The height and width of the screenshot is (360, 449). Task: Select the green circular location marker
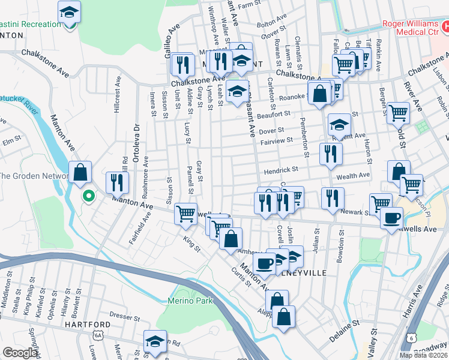coord(88,196)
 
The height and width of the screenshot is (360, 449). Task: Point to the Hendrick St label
coord(280,170)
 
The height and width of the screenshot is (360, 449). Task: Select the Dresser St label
coord(124,314)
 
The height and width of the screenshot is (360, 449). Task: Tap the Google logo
coord(20,353)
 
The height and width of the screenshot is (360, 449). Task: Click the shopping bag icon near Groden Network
coord(80,172)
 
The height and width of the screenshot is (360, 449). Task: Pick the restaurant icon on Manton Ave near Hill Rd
coord(116,181)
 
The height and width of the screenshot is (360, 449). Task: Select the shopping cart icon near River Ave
coord(399,112)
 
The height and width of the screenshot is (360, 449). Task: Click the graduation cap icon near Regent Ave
coord(339,124)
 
